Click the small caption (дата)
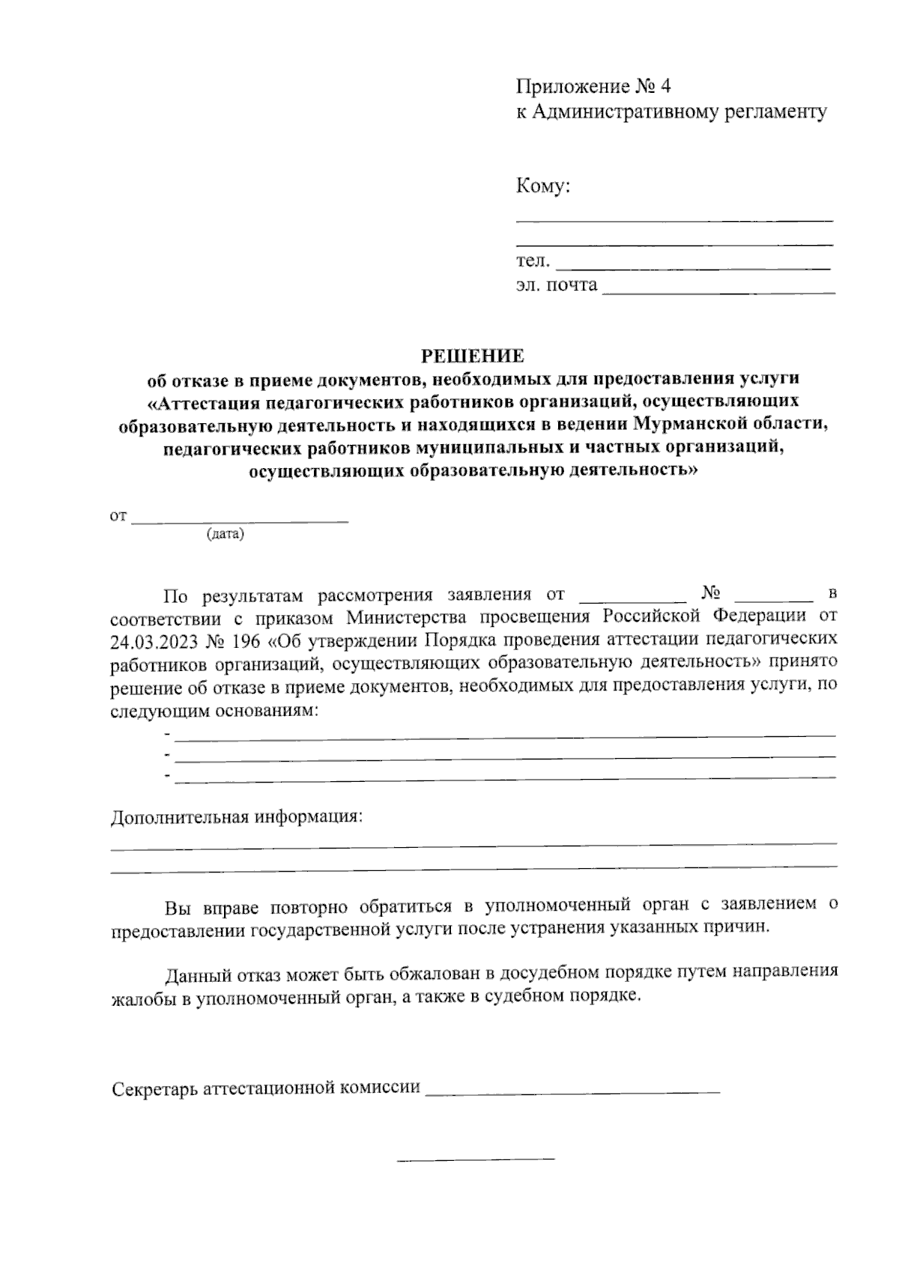coord(225,535)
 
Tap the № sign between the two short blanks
coord(712,594)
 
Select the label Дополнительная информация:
coord(236,816)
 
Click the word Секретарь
coord(154,1088)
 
